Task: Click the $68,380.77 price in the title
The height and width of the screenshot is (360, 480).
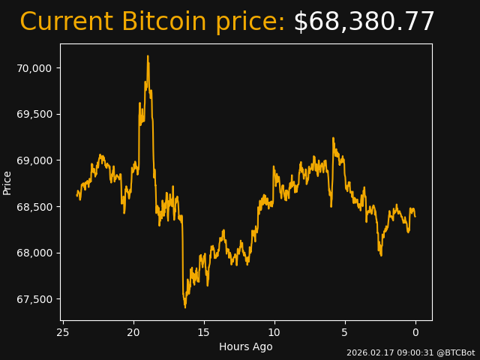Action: click(x=364, y=22)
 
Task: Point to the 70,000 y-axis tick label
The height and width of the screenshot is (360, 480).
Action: click(x=34, y=68)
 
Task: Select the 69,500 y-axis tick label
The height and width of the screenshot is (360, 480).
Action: click(x=34, y=114)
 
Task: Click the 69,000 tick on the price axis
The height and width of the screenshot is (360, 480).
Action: click(x=34, y=160)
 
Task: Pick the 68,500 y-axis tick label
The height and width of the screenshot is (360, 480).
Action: click(x=34, y=207)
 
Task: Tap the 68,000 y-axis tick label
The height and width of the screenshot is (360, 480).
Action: click(x=34, y=253)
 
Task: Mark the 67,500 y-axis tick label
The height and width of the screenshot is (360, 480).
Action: click(x=34, y=299)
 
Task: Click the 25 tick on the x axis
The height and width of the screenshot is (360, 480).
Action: click(x=63, y=332)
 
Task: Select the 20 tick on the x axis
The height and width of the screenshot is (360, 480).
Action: click(x=133, y=332)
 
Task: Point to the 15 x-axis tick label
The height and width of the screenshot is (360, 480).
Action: click(x=204, y=332)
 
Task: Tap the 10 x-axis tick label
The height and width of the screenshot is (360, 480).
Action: click(x=274, y=332)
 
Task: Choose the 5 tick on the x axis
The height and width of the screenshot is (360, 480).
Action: click(x=345, y=332)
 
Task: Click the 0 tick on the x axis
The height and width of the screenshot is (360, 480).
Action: click(x=415, y=332)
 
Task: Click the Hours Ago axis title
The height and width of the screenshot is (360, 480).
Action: click(x=246, y=346)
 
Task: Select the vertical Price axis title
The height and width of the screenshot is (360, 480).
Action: click(x=7, y=182)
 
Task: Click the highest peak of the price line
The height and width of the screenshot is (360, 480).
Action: click(x=148, y=56)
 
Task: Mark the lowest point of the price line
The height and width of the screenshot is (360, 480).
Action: click(x=184, y=307)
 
